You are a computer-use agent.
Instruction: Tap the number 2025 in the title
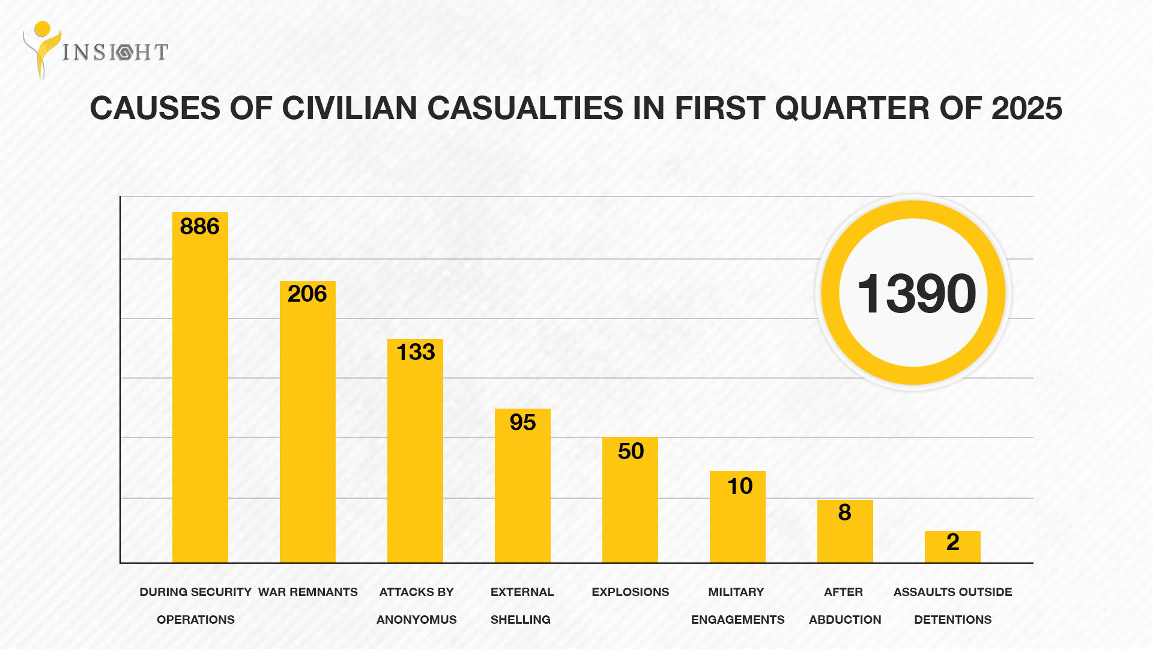tap(1026, 109)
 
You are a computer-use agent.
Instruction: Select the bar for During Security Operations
tap(200, 397)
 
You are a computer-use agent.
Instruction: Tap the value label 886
tap(200, 227)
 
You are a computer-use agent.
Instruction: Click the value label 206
tap(307, 294)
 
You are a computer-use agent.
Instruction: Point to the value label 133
tap(416, 352)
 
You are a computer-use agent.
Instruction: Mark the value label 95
tap(522, 422)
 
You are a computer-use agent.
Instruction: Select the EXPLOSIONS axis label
tap(630, 592)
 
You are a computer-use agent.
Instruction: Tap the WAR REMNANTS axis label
tap(307, 592)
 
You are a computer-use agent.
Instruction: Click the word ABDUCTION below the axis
tap(845, 620)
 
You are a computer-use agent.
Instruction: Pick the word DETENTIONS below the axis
tap(952, 620)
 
